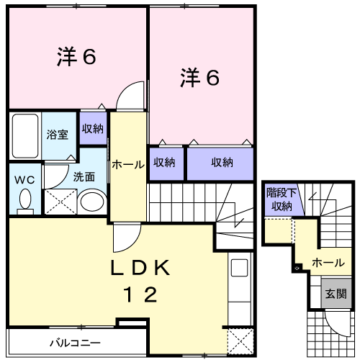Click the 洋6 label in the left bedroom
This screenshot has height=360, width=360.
pyautogui.click(x=76, y=58)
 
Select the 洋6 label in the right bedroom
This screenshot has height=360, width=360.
pyautogui.click(x=199, y=78)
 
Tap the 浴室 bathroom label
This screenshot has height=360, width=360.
pyautogui.click(x=58, y=135)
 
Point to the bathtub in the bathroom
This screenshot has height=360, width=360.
pyautogui.click(x=25, y=136)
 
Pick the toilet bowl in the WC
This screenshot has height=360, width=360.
pyautogui.click(x=25, y=199)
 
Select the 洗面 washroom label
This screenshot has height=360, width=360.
pyautogui.click(x=83, y=176)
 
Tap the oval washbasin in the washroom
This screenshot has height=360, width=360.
pyautogui.click(x=91, y=202)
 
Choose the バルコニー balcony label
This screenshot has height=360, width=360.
pyautogui.click(x=75, y=342)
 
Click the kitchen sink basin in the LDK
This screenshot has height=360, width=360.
pyautogui.click(x=238, y=271)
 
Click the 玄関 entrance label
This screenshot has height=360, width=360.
pyautogui.click(x=335, y=293)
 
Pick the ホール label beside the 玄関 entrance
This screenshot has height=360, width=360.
pyautogui.click(x=328, y=263)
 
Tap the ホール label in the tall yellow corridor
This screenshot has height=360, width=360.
pyautogui.click(x=127, y=165)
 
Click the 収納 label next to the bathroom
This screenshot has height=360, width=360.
pyautogui.click(x=92, y=130)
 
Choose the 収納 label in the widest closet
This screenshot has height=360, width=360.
pyautogui.click(x=222, y=163)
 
